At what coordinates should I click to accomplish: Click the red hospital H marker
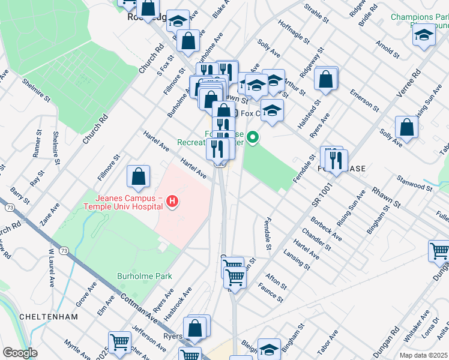[x=172, y=200]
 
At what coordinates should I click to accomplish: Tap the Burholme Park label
[x=144, y=277]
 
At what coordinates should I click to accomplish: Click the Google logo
[x=20, y=353]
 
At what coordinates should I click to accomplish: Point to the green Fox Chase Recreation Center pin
[x=253, y=138]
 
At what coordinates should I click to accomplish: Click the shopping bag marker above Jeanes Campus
[x=139, y=177]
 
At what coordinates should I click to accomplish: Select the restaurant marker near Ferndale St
[x=335, y=160]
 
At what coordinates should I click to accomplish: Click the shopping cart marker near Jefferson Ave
[x=120, y=343]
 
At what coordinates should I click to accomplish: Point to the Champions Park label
[x=418, y=17]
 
